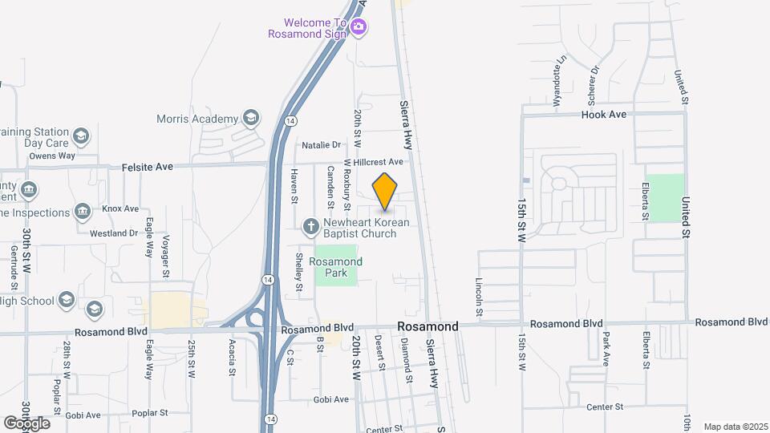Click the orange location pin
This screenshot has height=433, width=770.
(x=385, y=191)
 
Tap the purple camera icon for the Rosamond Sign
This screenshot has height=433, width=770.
(x=359, y=28)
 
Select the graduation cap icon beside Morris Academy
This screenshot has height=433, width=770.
(x=251, y=119)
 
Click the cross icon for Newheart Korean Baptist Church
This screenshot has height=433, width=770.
(x=311, y=228)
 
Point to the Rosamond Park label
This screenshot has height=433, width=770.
(x=336, y=267)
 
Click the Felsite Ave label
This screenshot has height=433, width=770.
(x=148, y=167)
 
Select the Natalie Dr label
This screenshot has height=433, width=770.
(x=321, y=145)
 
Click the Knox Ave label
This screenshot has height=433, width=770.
(x=120, y=208)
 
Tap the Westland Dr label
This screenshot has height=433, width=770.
(x=114, y=233)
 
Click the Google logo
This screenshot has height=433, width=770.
(x=26, y=423)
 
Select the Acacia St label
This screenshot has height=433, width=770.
(x=232, y=357)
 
